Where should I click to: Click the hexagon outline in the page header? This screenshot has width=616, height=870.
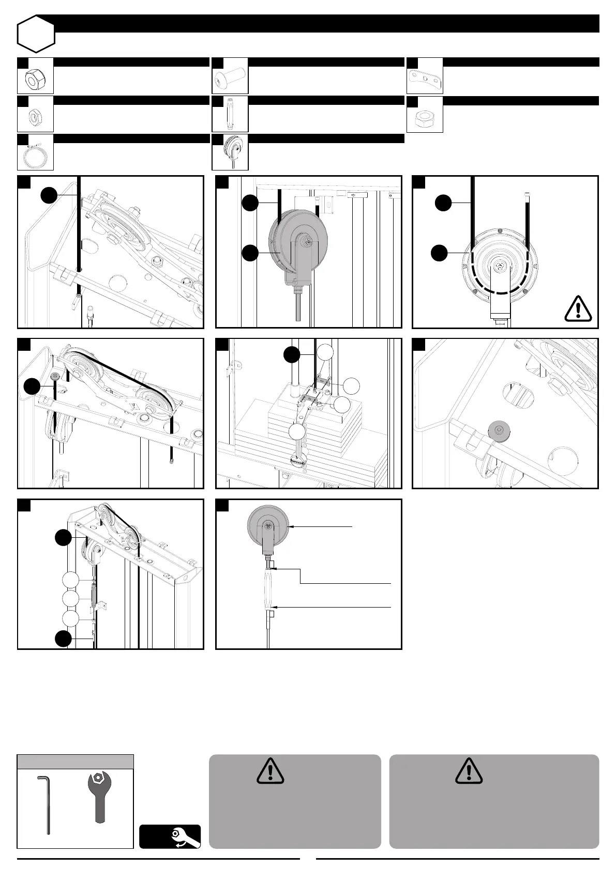(x=36, y=34)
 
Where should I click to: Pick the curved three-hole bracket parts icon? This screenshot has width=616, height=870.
(x=425, y=77)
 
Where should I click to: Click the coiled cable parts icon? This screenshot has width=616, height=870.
(x=35, y=154)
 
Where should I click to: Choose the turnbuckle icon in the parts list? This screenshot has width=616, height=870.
(x=230, y=114)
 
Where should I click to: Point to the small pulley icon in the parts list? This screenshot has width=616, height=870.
(x=231, y=151)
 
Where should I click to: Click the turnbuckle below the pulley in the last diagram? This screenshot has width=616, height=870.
(x=271, y=587)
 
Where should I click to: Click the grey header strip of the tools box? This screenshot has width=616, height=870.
(x=76, y=762)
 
